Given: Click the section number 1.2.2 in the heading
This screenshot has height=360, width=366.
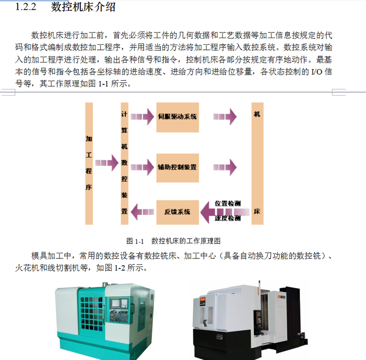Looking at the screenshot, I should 25,7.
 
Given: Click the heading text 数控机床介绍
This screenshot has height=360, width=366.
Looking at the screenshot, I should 83,7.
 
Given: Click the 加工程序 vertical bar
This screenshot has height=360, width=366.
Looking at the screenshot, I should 89,163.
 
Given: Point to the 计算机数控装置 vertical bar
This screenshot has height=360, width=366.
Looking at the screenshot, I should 124,163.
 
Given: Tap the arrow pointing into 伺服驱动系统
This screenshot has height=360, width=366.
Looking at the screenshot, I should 142,117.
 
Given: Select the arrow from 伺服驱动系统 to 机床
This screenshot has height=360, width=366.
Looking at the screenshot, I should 225,116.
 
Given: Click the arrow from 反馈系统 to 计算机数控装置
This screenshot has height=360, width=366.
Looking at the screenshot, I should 142,210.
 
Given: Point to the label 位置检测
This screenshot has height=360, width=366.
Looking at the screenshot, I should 227,203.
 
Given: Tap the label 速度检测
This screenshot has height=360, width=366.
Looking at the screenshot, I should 227,218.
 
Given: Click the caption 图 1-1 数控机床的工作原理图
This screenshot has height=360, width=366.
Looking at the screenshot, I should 173,241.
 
